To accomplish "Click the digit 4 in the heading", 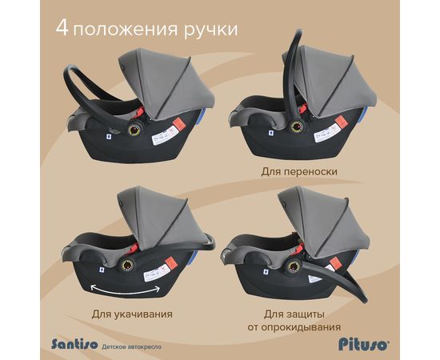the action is (62, 28).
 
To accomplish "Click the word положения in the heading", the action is (125, 29).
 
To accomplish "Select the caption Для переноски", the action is (299, 171).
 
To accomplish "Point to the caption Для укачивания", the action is (132, 314).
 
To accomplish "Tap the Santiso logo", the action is (74, 344).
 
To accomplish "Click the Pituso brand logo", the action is (364, 344).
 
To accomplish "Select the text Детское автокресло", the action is (132, 347).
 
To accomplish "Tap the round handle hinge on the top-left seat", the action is (134, 130).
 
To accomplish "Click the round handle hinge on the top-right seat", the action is (297, 127).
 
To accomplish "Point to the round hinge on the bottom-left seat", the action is (127, 265).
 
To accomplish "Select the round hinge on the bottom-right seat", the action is (294, 266).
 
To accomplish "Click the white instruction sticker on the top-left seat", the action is (162, 136).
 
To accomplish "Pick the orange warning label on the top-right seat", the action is (341, 122).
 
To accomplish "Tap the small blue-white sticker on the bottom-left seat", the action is (102, 270).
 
